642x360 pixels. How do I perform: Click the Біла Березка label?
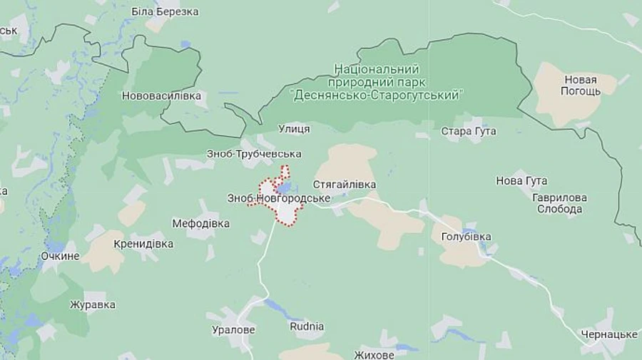165,11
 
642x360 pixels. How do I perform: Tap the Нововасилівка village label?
161,96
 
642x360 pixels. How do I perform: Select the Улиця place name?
293,129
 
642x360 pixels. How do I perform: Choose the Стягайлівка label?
345,185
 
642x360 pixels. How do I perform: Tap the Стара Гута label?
469,131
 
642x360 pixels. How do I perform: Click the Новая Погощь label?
579,86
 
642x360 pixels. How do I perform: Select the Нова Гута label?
521,181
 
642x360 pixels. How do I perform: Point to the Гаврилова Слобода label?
560,203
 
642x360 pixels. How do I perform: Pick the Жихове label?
374,354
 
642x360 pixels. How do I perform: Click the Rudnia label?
307,326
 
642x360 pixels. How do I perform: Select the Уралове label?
233,330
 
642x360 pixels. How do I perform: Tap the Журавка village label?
92,305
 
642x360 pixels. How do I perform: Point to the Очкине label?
60,255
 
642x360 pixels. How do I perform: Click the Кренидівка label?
143,244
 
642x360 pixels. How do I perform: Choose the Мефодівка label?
201,223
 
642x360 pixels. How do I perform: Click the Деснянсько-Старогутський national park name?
377,81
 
